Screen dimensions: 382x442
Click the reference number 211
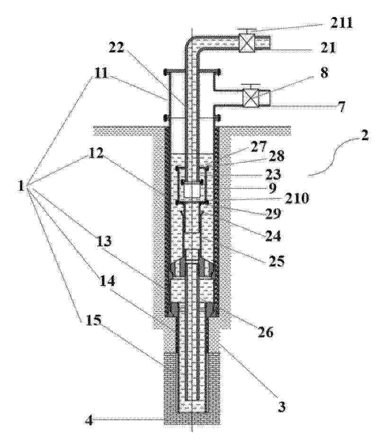pos(341,23)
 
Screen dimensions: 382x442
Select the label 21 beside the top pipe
pos(328,47)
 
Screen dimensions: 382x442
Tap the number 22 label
pos(116,48)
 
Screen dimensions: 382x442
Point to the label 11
pos(100,73)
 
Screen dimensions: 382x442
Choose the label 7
pos(341,107)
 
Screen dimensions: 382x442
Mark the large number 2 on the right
pos(364,136)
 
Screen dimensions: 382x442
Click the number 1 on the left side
pos(21,186)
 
